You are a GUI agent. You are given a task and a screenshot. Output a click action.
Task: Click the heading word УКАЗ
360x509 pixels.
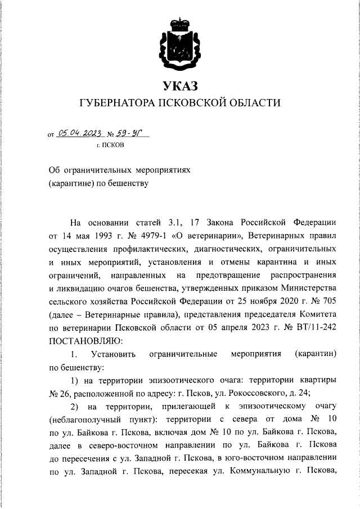(180, 86)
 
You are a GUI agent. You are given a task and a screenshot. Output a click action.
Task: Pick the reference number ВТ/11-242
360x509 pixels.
(314, 327)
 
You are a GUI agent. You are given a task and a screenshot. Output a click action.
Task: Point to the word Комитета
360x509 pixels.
(317, 314)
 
